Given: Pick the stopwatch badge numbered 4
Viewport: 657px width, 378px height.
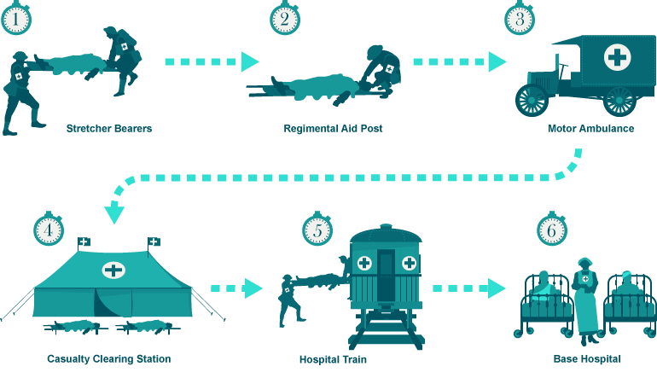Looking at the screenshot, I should (49, 230).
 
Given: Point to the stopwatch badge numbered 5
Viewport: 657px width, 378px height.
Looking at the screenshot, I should (317, 230).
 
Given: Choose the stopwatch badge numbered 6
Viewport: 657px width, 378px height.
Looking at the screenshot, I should (552, 230).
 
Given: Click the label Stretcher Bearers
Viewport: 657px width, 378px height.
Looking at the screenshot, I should (109, 129).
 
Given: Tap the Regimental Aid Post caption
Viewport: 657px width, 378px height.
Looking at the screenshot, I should (333, 129).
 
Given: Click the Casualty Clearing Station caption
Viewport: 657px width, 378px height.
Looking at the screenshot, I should (109, 359).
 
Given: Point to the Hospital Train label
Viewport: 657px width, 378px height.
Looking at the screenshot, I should (333, 359).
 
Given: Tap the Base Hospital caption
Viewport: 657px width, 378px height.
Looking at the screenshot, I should (587, 359).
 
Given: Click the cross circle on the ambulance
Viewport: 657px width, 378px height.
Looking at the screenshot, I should (617, 57).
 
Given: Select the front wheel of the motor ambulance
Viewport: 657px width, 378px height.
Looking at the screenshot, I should (532, 99).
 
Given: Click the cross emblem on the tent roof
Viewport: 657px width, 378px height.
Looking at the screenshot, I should (113, 270).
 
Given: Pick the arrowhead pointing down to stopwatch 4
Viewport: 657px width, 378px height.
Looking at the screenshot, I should (114, 212).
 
